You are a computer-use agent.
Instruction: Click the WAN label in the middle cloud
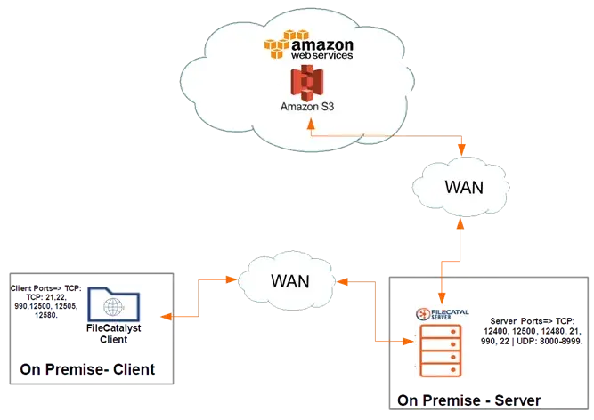290,279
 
